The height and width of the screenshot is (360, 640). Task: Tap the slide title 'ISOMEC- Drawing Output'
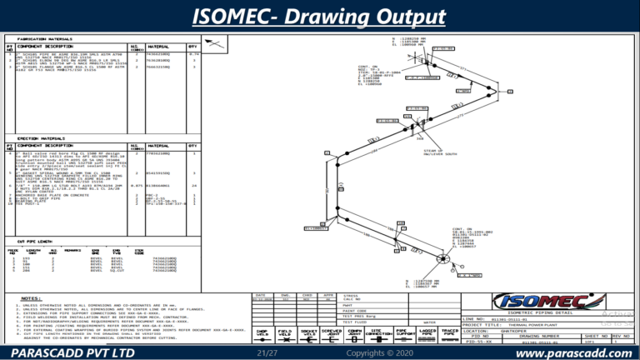319,17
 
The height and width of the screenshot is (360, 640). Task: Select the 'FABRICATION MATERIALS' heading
43,39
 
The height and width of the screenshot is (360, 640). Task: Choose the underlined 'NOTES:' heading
32,297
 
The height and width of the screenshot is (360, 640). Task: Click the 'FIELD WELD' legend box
285,333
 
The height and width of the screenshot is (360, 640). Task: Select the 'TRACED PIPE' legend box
450,333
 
